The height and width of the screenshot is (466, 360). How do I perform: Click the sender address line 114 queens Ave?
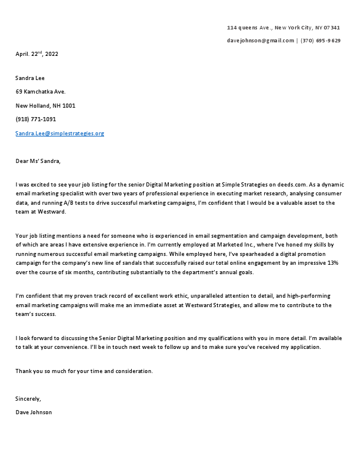(283, 28)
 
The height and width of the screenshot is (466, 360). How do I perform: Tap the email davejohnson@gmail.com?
(260, 41)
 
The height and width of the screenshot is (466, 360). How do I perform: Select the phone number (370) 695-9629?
(321, 41)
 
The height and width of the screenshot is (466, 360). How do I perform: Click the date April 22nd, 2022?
(36, 54)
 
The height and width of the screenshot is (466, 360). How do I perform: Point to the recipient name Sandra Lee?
(30, 78)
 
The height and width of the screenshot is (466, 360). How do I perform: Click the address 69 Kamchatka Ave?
(41, 92)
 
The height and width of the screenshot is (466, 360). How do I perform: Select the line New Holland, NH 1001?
(45, 106)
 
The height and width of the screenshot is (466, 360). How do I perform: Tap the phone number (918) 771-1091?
(36, 119)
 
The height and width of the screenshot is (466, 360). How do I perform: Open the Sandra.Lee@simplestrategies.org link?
(59, 134)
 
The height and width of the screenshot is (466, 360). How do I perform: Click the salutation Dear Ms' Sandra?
(38, 161)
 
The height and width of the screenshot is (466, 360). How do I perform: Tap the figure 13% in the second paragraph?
(332, 262)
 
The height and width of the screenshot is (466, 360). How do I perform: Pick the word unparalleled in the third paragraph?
(197, 297)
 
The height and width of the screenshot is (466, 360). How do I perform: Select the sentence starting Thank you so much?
(84, 371)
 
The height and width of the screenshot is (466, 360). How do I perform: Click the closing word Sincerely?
(28, 399)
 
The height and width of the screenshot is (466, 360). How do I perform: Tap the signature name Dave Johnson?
(34, 412)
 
